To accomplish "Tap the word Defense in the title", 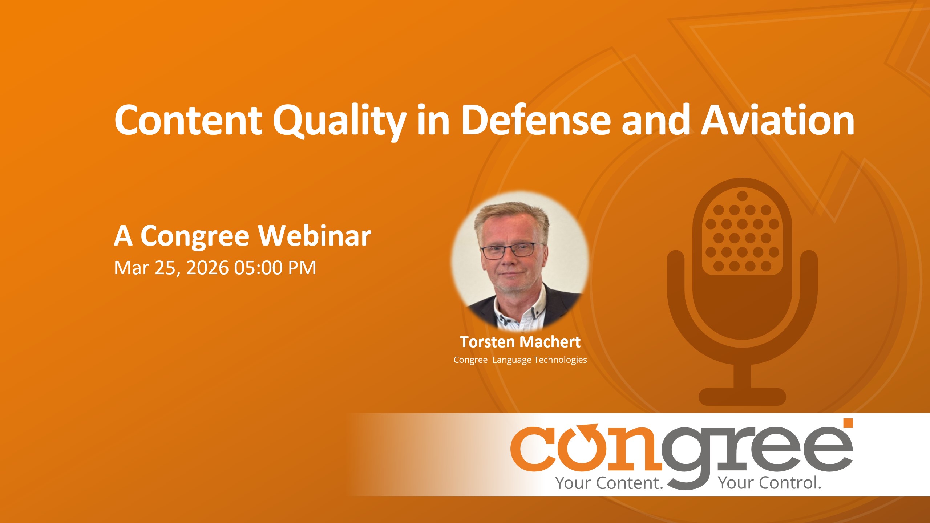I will point(536,120).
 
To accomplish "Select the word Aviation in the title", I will point(777,120).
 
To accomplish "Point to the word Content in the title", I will point(188,120).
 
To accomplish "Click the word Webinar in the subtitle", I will point(315,236).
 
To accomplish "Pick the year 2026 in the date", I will point(207,268).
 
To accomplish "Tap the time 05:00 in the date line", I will point(258,268).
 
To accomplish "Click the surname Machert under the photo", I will point(550,342).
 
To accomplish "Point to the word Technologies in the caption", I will point(560,360).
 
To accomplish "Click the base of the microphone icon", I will point(742,397).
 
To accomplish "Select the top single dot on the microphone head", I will point(742,196).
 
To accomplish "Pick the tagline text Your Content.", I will point(609,483).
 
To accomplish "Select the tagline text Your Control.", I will point(770,483).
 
